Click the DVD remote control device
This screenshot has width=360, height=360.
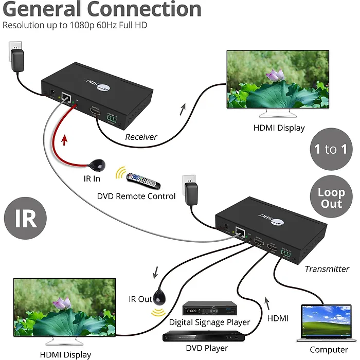click(145, 181)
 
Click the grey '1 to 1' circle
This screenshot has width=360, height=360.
click(331, 150)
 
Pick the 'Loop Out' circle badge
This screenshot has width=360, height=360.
click(331, 198)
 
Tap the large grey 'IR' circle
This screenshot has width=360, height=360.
click(26, 218)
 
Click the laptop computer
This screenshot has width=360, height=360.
click(325, 323)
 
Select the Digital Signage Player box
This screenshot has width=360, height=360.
click(209, 310)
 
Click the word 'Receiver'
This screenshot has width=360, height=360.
click(141, 137)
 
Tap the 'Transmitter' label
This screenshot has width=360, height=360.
click(327, 268)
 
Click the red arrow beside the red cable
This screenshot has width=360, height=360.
click(65, 139)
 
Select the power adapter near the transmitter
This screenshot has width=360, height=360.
click(192, 192)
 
